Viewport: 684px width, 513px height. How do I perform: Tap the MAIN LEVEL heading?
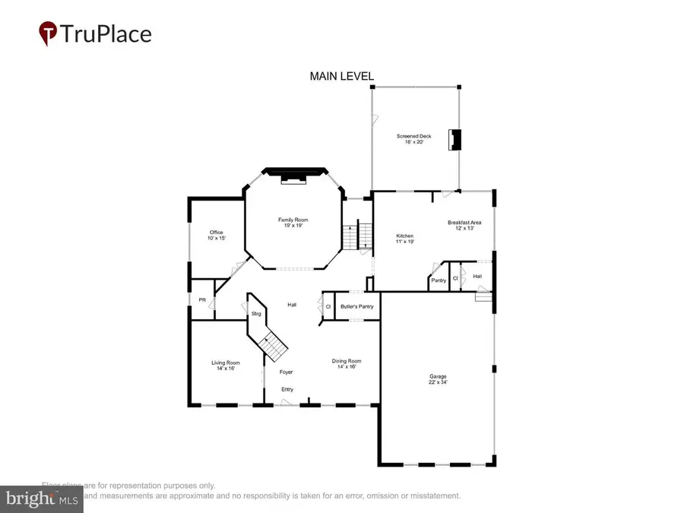pyautogui.click(x=341, y=76)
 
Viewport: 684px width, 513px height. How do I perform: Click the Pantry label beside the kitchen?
pyautogui.click(x=439, y=280)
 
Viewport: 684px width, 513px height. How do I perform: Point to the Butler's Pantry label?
pyautogui.click(x=356, y=306)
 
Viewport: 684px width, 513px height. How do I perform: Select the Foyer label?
pyautogui.click(x=286, y=372)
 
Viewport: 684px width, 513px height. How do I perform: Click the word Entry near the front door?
pyautogui.click(x=287, y=389)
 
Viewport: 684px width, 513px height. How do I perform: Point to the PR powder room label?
pyautogui.click(x=202, y=300)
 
